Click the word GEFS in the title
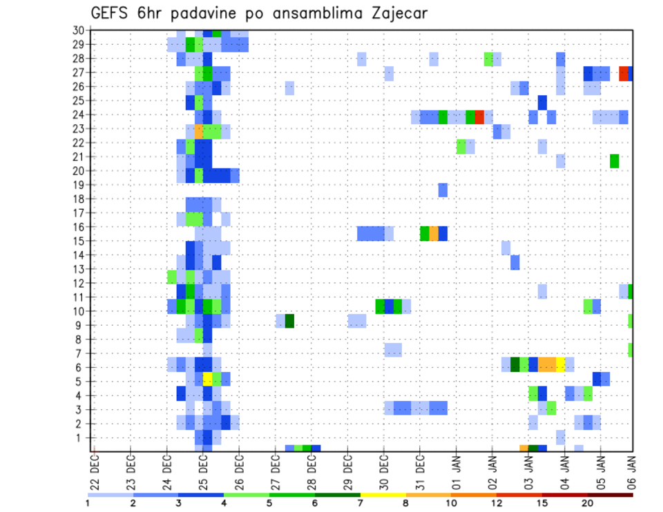tap(113, 14)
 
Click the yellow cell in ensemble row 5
tap(207, 378)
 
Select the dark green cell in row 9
tap(289, 322)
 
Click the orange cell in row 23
tap(199, 128)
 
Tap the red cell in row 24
tap(479, 116)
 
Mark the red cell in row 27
tap(624, 72)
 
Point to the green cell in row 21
tap(614, 161)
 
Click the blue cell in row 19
tap(443, 190)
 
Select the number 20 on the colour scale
tap(588, 503)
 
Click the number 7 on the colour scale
tap(361, 503)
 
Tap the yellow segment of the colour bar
tap(383, 495)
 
